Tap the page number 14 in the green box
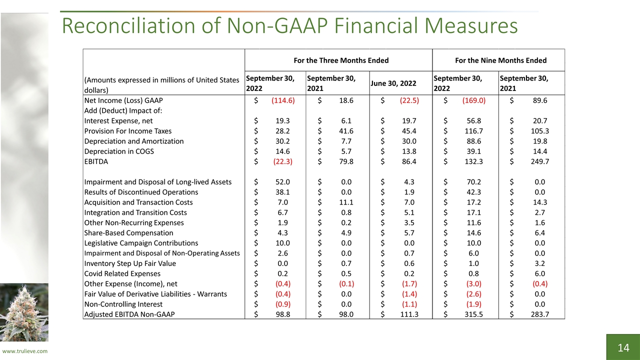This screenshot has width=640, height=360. click(x=623, y=347)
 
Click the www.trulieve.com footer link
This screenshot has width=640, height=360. click(x=25, y=351)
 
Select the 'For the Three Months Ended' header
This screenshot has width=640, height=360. click(x=341, y=60)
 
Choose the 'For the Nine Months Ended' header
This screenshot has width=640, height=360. click(x=501, y=60)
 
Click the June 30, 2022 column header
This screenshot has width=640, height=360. click(x=393, y=83)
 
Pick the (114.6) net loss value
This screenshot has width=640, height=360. click(x=283, y=100)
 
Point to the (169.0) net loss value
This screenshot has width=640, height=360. click(x=473, y=100)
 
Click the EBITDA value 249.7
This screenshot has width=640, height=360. click(x=539, y=161)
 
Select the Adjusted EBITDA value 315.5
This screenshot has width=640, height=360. click(x=473, y=314)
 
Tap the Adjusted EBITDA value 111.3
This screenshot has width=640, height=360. click(x=409, y=314)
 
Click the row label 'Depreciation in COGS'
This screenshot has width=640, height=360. click(x=119, y=151)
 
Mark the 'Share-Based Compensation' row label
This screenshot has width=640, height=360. click(x=129, y=233)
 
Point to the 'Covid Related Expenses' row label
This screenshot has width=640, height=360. click(x=122, y=273)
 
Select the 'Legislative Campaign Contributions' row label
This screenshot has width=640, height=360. click(x=141, y=243)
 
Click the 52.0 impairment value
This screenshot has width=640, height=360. click(x=282, y=182)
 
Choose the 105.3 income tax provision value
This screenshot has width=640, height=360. click(x=539, y=131)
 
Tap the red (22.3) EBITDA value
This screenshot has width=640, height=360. click(x=283, y=161)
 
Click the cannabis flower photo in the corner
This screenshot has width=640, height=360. click(x=24, y=312)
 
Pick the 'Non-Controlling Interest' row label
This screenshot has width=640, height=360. click(x=123, y=304)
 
